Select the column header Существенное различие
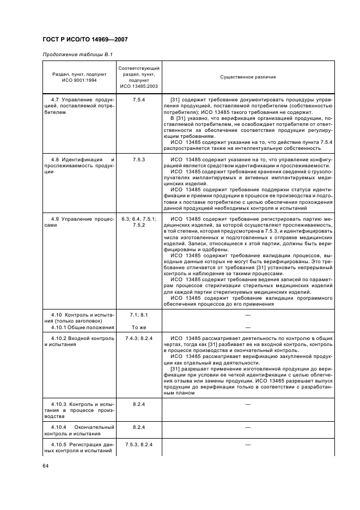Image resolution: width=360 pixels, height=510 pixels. tap(248, 77)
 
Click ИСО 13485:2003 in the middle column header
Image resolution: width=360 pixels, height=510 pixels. tap(138, 86)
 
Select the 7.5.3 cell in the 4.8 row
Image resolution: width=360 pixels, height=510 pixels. tap(138, 160)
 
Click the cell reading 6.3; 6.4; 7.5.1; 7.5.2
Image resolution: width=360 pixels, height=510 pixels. tap(138, 222)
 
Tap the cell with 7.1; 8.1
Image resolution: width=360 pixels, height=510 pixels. tap(138, 315)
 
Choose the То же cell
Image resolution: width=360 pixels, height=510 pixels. tap(138, 327)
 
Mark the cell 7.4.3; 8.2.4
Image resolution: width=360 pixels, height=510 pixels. tap(138, 338)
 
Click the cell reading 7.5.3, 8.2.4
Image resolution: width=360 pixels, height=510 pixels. tap(138, 445)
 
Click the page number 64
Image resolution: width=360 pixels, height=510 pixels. tap(46, 466)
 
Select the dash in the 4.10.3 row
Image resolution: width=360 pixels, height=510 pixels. tap(248, 405)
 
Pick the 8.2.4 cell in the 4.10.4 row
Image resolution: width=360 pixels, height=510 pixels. tap(138, 428)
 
